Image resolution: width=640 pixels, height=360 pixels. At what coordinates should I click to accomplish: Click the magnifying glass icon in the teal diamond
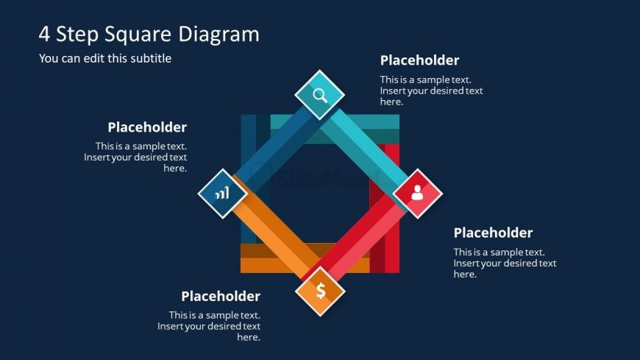(x=320, y=94)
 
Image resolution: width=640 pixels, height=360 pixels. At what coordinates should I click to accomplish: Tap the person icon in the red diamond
(x=417, y=193)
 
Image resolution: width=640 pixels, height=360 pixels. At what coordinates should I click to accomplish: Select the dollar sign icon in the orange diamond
(x=321, y=291)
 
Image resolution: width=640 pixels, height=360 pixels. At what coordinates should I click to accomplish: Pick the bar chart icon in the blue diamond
(x=222, y=194)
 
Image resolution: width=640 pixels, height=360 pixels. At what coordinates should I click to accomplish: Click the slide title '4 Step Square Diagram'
(x=149, y=35)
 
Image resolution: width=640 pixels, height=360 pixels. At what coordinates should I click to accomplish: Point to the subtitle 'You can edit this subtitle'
(x=105, y=58)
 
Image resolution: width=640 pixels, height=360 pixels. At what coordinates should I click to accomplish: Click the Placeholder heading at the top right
(x=419, y=60)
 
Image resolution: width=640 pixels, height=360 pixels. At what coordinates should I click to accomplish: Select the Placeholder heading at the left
(x=147, y=127)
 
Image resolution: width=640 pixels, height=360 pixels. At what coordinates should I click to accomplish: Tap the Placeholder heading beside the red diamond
(x=493, y=233)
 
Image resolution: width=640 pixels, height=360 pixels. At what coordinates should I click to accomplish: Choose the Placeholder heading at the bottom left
(x=221, y=296)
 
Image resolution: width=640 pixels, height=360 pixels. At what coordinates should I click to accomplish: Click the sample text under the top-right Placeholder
(x=431, y=91)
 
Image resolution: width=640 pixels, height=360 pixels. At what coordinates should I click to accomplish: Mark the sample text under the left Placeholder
(x=135, y=157)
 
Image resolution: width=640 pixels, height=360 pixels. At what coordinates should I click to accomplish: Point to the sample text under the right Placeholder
(x=505, y=263)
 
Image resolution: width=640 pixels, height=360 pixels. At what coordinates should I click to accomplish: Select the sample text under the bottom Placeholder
(x=209, y=326)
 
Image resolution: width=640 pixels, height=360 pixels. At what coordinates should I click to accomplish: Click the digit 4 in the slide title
(x=44, y=35)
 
